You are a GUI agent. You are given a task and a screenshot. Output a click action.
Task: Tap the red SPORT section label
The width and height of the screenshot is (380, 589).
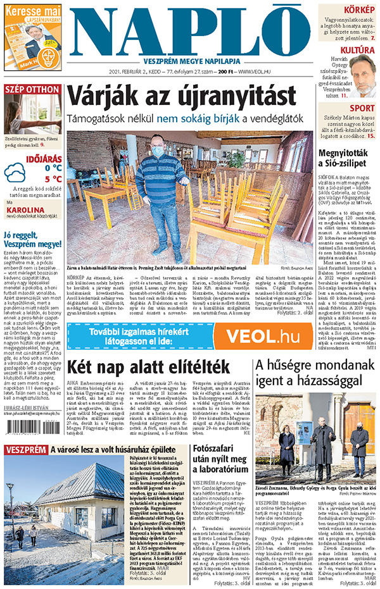pos(362,108)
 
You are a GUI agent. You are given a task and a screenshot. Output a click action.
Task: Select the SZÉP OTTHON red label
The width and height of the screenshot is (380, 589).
pos(32,89)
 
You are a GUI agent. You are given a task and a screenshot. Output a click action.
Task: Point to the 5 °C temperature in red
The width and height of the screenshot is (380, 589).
pos(52,178)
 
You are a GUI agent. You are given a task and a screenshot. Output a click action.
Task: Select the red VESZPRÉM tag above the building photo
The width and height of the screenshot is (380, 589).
pos(25,450)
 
